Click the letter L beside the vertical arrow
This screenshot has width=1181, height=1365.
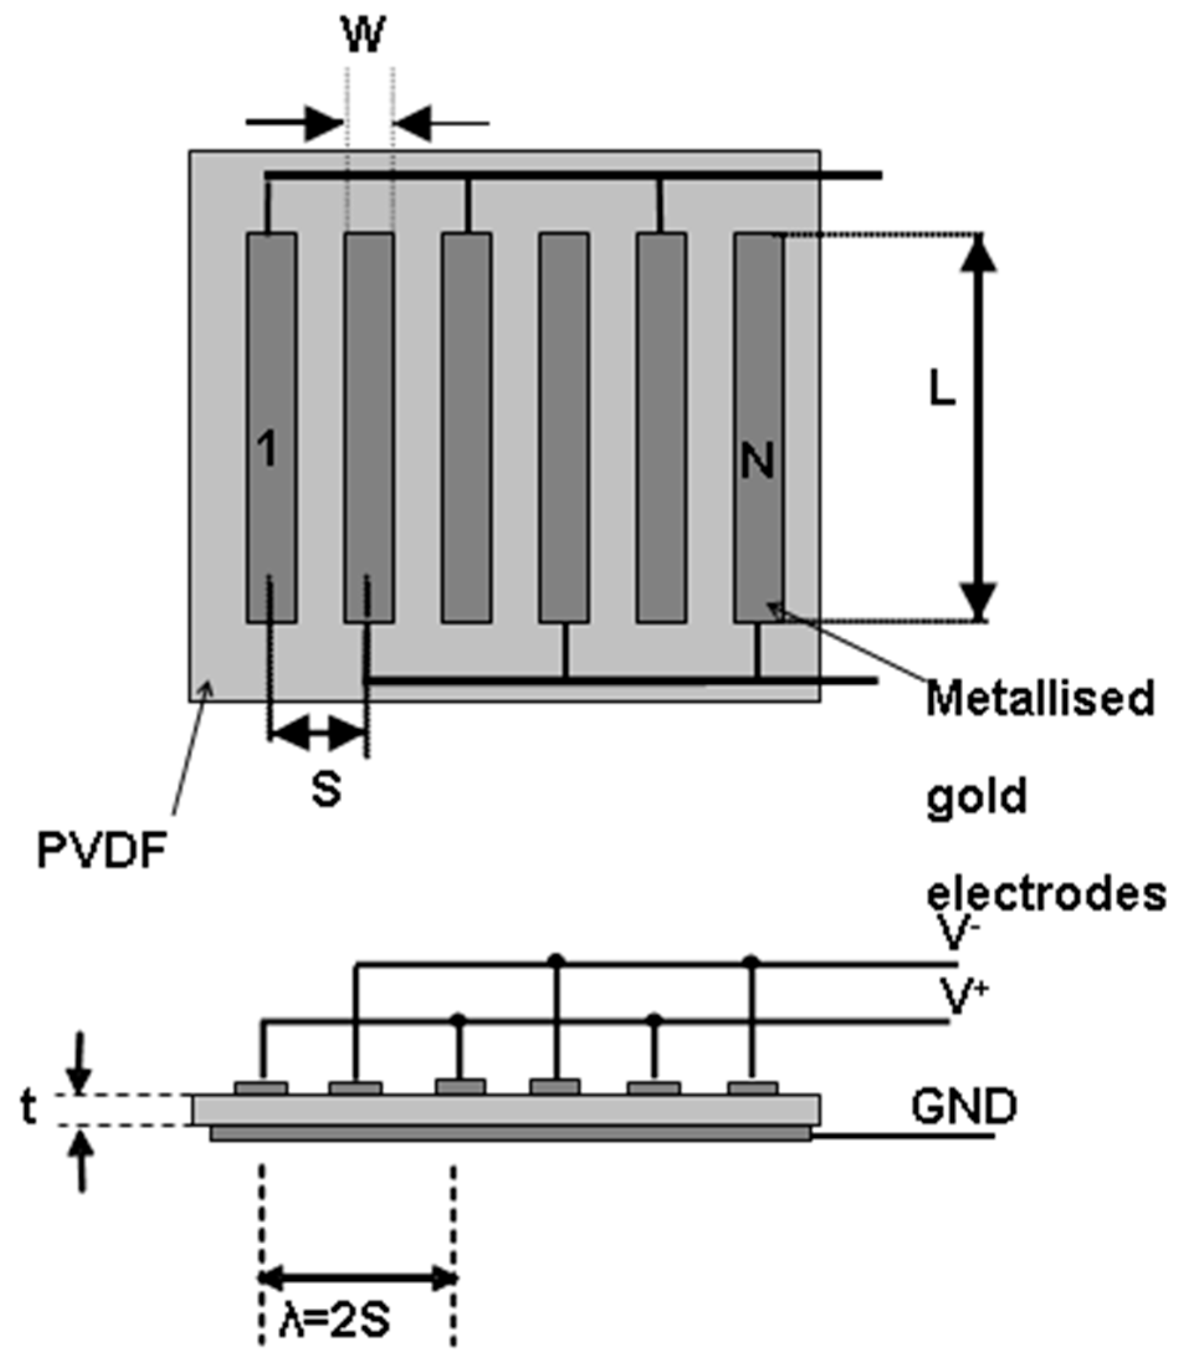click(x=942, y=391)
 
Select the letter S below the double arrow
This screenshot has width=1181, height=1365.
click(x=327, y=789)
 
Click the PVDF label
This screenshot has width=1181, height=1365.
click(x=101, y=852)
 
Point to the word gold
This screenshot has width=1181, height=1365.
click(x=977, y=798)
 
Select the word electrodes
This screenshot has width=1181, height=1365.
click(x=1047, y=895)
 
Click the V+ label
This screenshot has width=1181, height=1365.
click(x=962, y=996)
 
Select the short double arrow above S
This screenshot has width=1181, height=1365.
click(x=317, y=733)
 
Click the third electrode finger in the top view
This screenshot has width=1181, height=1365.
click(x=467, y=427)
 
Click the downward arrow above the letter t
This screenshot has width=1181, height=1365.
click(x=80, y=1062)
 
